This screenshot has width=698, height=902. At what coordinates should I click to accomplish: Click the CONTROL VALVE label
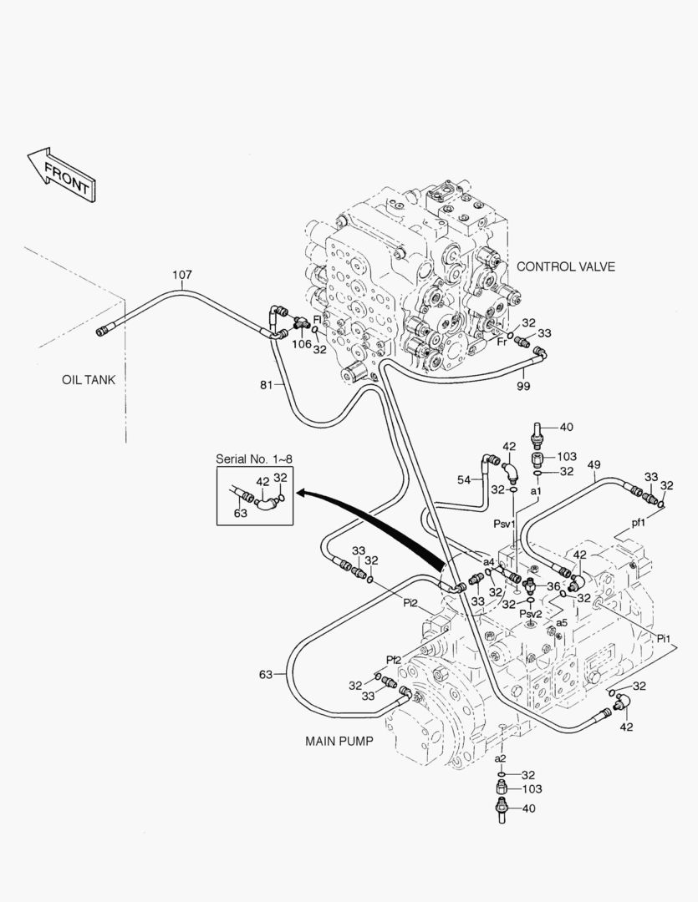click(x=566, y=267)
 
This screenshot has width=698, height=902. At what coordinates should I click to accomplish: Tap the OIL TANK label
click(x=89, y=380)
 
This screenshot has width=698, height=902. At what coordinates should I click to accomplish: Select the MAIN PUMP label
click(x=339, y=741)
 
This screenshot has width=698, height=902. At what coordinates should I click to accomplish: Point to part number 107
click(x=182, y=275)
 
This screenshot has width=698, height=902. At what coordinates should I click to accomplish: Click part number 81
click(x=266, y=384)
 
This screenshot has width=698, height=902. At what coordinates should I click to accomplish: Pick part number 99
click(x=522, y=387)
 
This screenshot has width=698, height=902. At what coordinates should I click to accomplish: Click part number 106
click(x=301, y=344)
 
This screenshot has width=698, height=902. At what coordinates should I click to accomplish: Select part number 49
click(x=594, y=464)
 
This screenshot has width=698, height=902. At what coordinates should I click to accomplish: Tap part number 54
click(x=465, y=479)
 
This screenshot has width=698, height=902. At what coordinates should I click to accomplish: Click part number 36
click(x=553, y=586)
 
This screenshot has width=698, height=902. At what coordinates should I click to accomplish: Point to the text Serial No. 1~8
click(x=253, y=459)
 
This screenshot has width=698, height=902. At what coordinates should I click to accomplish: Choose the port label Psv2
click(x=531, y=614)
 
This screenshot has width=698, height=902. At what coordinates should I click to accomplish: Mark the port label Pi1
click(x=665, y=639)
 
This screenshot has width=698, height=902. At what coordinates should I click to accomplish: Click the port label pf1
click(x=638, y=523)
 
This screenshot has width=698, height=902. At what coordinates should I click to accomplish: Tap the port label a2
click(x=500, y=758)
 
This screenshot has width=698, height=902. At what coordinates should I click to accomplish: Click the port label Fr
click(x=502, y=342)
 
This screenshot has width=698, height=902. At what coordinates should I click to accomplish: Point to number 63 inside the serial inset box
click(x=241, y=514)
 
